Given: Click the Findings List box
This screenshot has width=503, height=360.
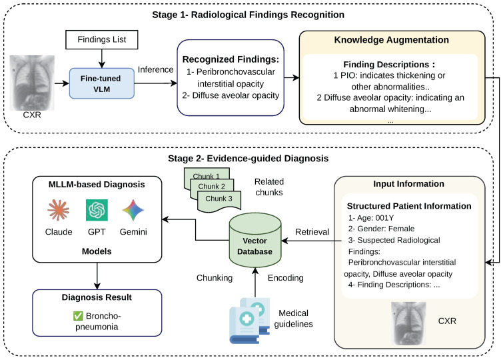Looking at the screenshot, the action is (x=102, y=39).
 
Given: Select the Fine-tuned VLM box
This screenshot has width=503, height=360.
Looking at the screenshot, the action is (x=102, y=83).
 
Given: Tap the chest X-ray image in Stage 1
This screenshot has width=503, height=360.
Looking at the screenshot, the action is (x=32, y=83).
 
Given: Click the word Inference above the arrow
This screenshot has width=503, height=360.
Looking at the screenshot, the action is (x=156, y=70).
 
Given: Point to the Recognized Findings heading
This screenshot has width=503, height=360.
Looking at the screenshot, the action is (x=231, y=59).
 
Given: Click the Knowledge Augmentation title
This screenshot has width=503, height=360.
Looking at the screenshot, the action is (x=391, y=40).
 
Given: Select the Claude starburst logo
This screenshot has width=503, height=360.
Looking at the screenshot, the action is (x=59, y=210).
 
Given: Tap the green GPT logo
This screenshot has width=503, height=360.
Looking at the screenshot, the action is (x=97, y=210).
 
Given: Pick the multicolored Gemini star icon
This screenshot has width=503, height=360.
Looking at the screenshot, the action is (x=133, y=210).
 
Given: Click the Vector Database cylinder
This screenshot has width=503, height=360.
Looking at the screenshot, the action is (x=255, y=239).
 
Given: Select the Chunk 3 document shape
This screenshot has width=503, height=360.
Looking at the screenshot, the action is (x=219, y=201).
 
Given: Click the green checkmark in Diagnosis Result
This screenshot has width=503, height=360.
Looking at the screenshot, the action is (x=78, y=316).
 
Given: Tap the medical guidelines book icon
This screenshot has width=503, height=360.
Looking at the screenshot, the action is (x=249, y=321).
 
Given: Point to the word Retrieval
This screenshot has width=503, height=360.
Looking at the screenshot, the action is (x=312, y=232).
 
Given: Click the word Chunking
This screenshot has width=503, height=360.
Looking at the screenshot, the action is (x=215, y=278).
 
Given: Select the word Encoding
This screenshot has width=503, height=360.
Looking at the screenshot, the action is (x=286, y=278).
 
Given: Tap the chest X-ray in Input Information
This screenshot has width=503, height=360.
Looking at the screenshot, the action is (x=408, y=323).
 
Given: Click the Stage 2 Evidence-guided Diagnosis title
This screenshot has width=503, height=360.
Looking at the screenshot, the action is (x=249, y=158).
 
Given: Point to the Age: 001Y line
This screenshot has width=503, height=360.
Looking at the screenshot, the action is (x=371, y=218).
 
